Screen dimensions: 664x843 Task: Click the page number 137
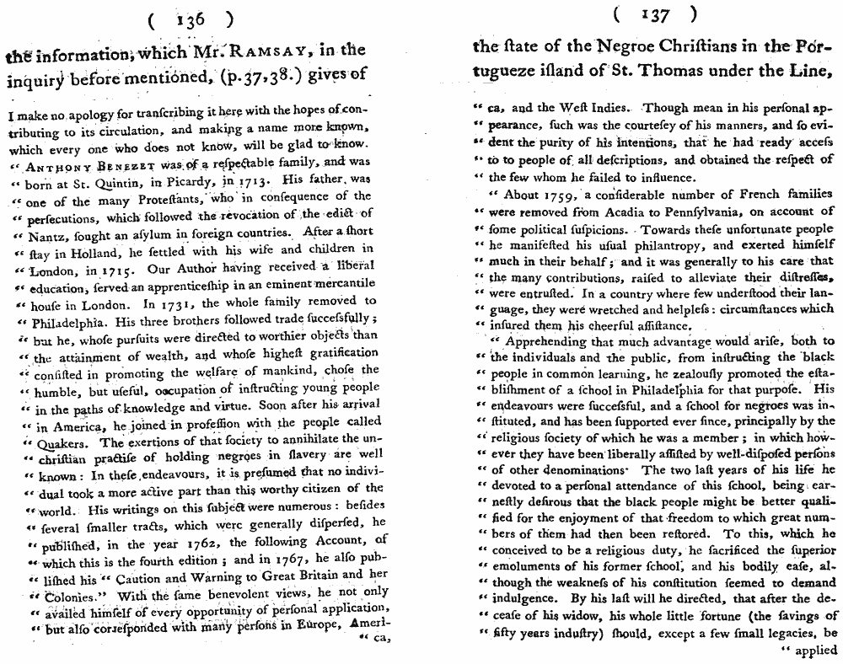656,13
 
